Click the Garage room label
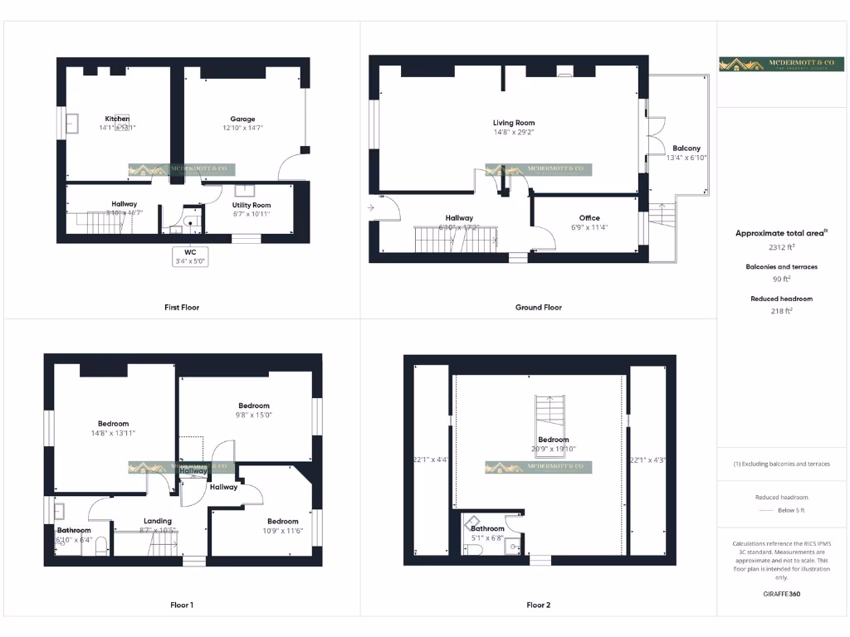coord(242,119)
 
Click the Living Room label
coord(514,123)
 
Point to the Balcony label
coord(686,148)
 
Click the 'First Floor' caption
coord(182,307)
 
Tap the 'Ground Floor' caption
coord(539,307)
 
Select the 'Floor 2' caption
coord(538,605)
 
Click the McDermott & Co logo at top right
coord(782,64)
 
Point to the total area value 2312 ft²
coord(781,247)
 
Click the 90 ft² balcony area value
coord(781,280)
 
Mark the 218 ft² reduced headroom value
coord(781,311)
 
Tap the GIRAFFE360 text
coord(781,594)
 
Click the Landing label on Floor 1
coord(158,521)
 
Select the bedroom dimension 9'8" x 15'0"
coord(252,416)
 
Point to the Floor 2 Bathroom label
coord(487,528)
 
